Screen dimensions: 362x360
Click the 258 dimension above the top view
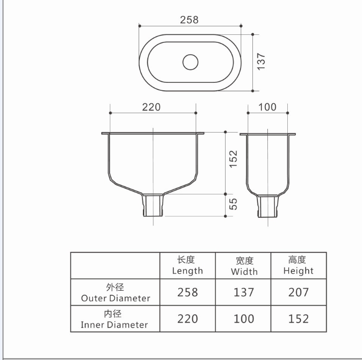(189, 19)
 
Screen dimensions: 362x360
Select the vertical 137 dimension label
(261, 62)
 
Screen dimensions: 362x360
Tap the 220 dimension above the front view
(151, 107)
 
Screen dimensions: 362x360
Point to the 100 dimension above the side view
(267, 107)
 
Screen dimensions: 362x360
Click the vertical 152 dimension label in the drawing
(233, 159)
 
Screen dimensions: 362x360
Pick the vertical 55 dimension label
(233, 204)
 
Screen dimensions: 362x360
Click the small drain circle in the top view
(191, 62)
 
